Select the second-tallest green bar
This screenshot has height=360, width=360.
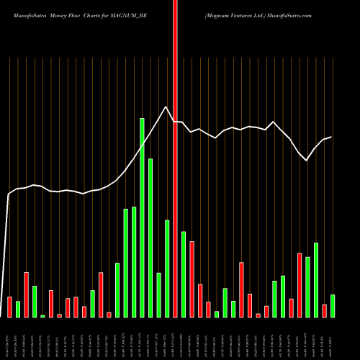(x=150, y=238)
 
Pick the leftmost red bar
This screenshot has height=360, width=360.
(x=10, y=307)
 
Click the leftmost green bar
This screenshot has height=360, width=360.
(x=18, y=309)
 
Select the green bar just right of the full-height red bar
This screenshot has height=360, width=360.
(x=184, y=274)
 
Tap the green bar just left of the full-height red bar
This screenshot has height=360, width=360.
(x=167, y=269)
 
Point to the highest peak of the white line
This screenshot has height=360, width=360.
(x=167, y=107)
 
